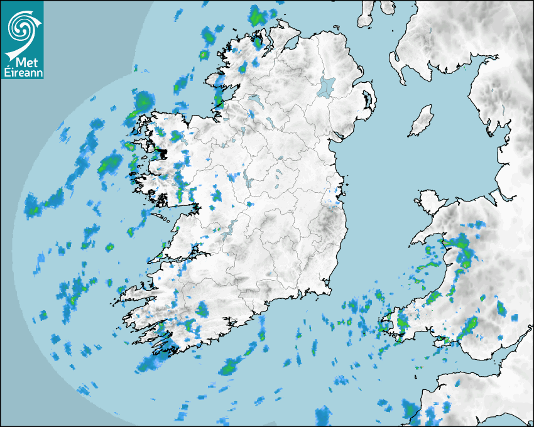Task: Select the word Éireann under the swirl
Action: pyautogui.click(x=22, y=73)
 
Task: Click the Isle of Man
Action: pyautogui.click(x=422, y=121)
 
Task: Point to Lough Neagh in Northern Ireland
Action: pyautogui.click(x=327, y=86)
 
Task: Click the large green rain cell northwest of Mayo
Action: pyautogui.click(x=144, y=100)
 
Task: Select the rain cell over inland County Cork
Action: pyautogui.click(x=202, y=309)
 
